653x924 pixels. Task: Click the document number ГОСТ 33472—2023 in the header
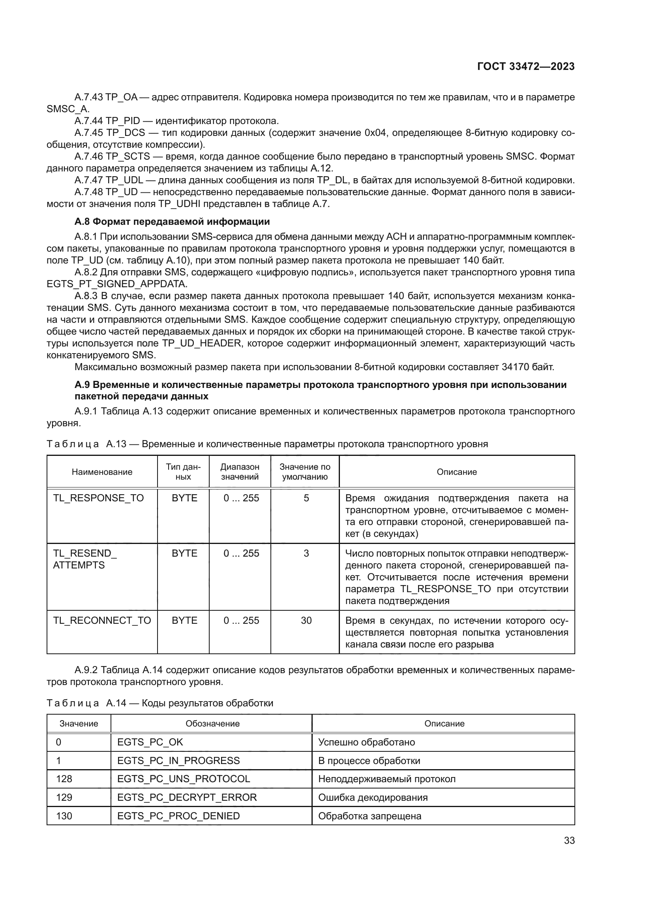pyautogui.click(x=525, y=66)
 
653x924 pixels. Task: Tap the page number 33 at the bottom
pyautogui.click(x=569, y=840)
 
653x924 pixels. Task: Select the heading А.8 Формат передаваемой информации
pyautogui.click(x=172, y=222)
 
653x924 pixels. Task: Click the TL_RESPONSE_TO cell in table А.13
pyautogui.click(x=98, y=498)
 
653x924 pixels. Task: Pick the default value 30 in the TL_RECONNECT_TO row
pyautogui.click(x=306, y=620)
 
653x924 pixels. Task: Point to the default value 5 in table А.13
pyautogui.click(x=306, y=498)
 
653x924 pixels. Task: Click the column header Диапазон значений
pyautogui.click(x=240, y=472)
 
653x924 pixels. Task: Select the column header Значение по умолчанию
pyautogui.click(x=305, y=472)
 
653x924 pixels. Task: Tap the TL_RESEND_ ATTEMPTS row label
pyautogui.click(x=85, y=559)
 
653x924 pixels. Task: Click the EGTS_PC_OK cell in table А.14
pyautogui.click(x=150, y=742)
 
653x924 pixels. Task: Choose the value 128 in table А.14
pyautogui.click(x=64, y=779)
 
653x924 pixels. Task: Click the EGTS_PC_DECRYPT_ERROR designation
pyautogui.click(x=187, y=797)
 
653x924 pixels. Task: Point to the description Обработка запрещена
pyautogui.click(x=370, y=816)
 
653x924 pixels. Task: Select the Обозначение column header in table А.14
pyautogui.click(x=212, y=723)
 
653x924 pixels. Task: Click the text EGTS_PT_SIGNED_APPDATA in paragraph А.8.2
pyautogui.click(x=116, y=284)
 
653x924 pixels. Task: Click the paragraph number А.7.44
pyautogui.click(x=88, y=121)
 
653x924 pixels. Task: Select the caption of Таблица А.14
pyautogui.click(x=160, y=703)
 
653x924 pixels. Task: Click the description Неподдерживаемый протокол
pyautogui.click(x=387, y=779)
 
